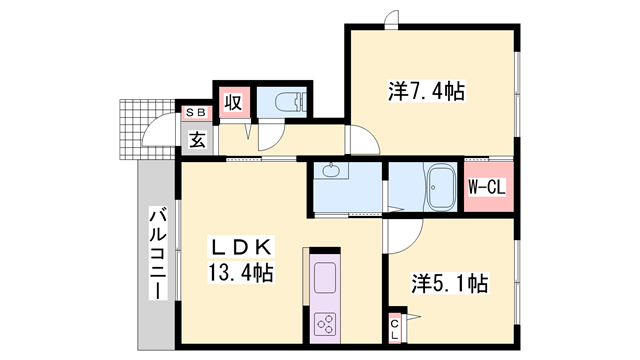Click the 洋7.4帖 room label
click(x=426, y=91)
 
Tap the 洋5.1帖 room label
click(x=449, y=283)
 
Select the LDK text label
click(x=241, y=247)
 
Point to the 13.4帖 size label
click(x=241, y=272)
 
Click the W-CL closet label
click(x=487, y=187)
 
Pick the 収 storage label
click(x=233, y=102)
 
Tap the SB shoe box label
click(x=196, y=112)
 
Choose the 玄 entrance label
click(x=197, y=140)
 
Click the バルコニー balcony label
click(x=158, y=254)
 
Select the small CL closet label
click(x=395, y=329)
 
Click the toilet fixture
click(x=290, y=102)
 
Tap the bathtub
click(x=440, y=187)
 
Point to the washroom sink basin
click(x=330, y=170)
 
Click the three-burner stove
click(x=325, y=324)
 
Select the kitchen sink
click(x=325, y=278)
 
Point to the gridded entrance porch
click(x=147, y=129)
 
